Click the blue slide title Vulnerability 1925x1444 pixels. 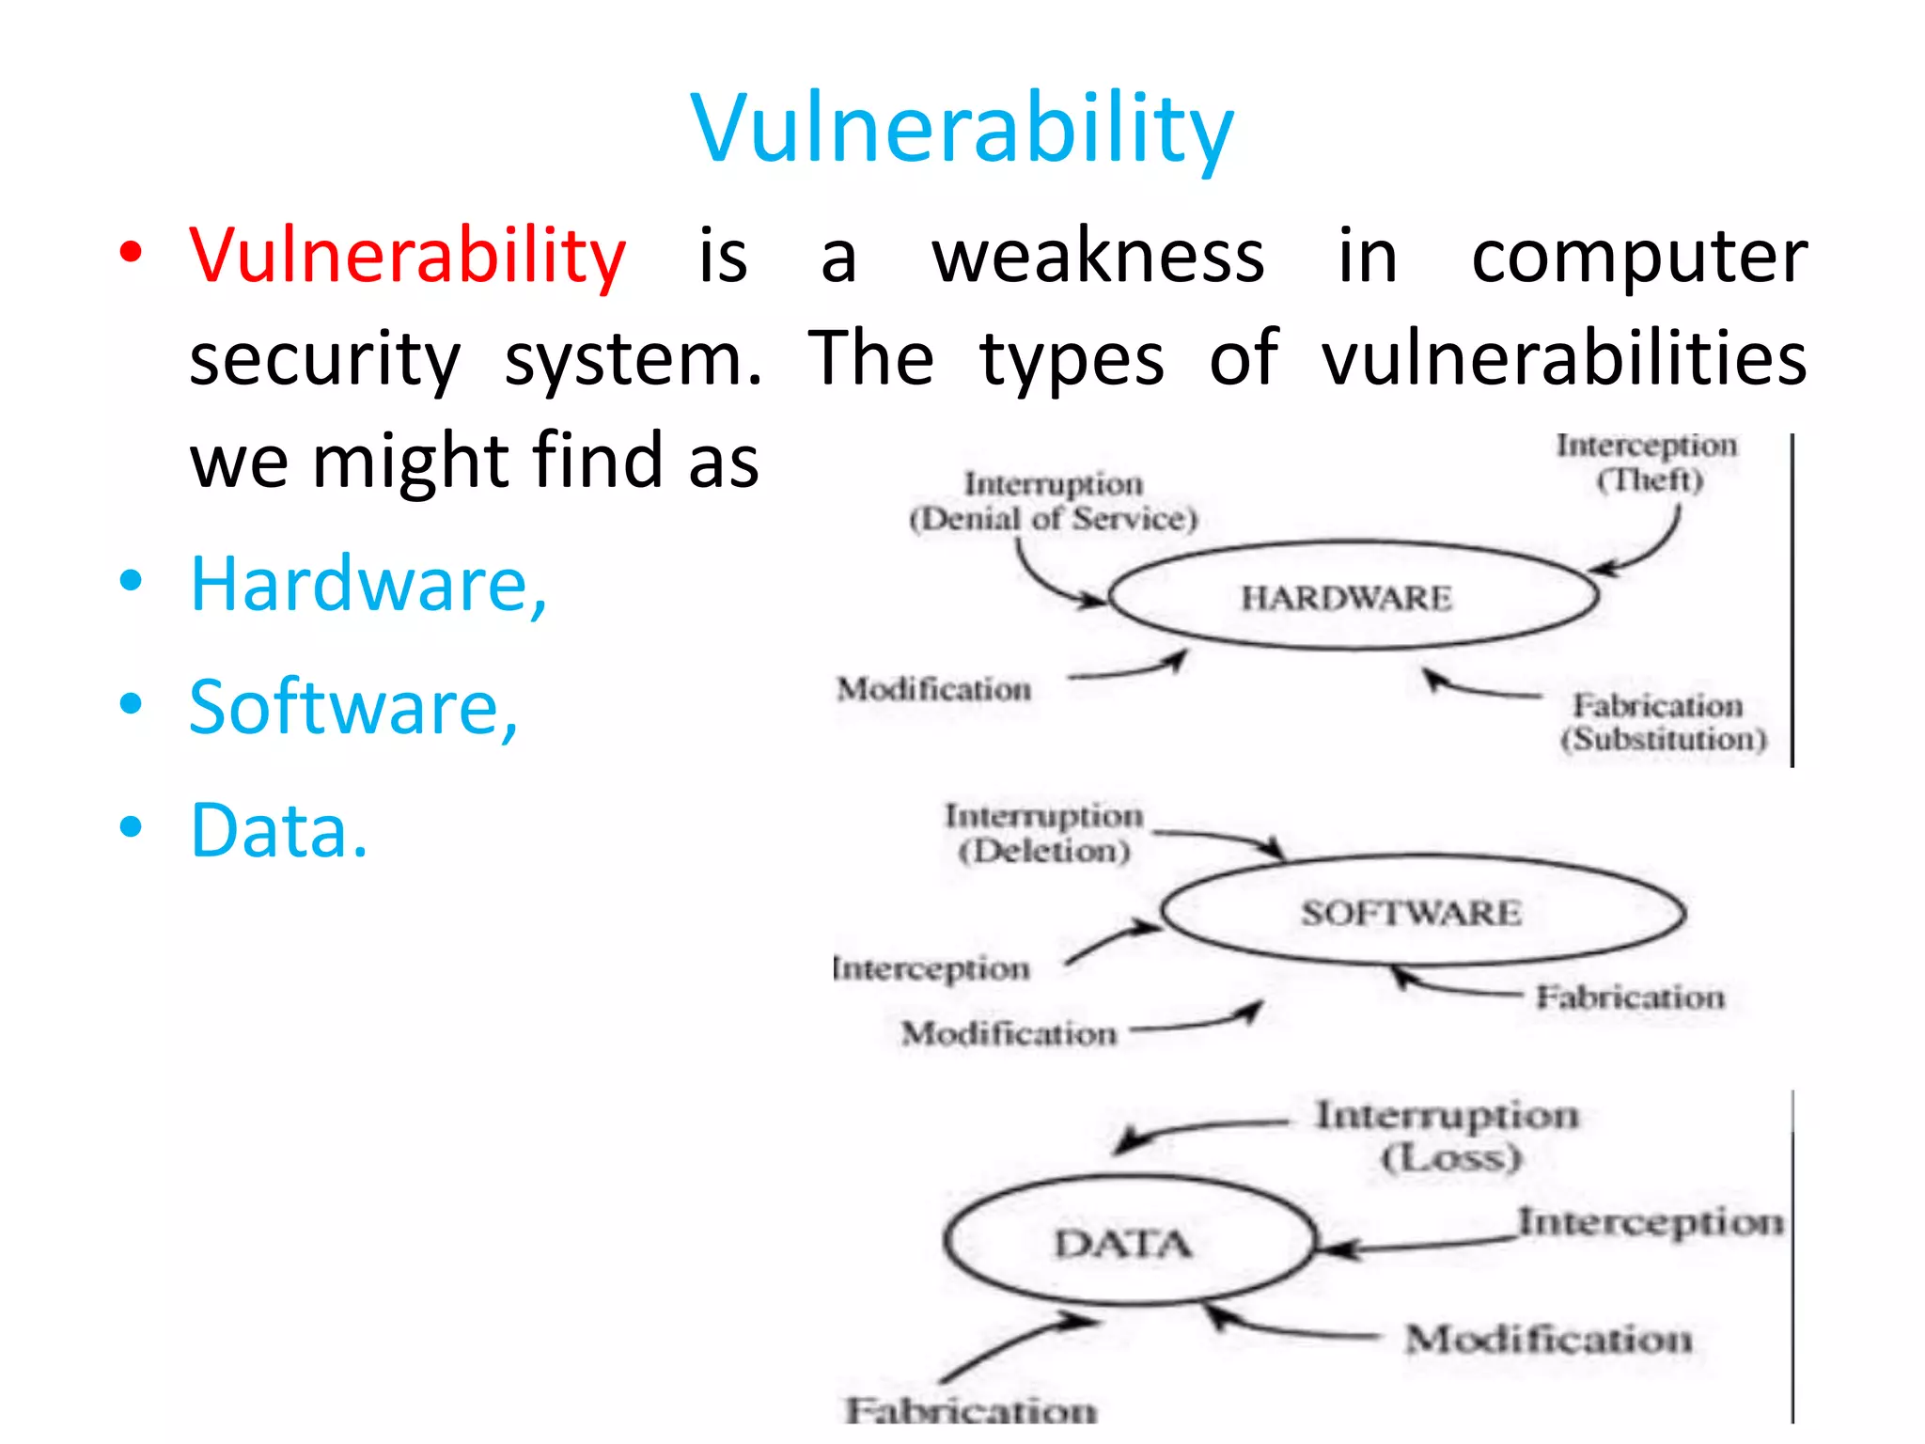point(961,129)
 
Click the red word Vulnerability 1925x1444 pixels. point(407,256)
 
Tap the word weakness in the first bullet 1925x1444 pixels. point(1098,256)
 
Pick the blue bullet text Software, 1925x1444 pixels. point(353,707)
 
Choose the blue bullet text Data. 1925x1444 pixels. point(279,830)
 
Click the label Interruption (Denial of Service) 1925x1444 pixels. point(1054,501)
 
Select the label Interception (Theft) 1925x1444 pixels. point(1647,462)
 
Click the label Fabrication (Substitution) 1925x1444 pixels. point(1662,722)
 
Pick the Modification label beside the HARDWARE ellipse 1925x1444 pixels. point(934,689)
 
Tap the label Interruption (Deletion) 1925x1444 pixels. point(1043,833)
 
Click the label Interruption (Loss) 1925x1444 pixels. point(1448,1136)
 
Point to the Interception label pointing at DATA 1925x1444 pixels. point(1651,1222)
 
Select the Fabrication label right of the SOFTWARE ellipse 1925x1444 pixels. point(1630,997)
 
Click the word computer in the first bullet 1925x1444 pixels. point(1638,256)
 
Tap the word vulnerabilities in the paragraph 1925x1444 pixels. point(1563,359)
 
